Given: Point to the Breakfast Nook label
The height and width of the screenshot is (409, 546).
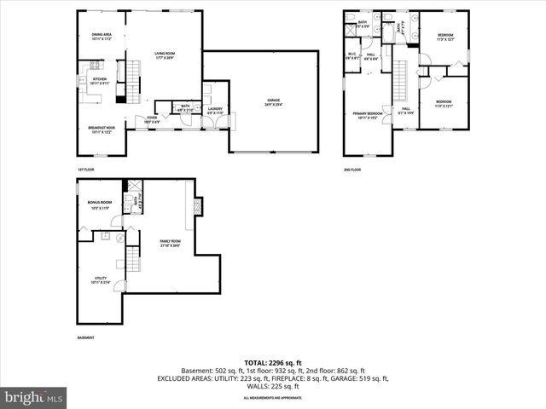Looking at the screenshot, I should pos(102,130).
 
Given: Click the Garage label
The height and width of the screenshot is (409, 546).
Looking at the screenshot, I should pos(273,101).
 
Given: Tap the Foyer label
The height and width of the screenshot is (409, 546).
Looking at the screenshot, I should pos(152,119).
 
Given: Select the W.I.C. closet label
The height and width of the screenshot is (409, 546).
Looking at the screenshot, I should pos(351,56).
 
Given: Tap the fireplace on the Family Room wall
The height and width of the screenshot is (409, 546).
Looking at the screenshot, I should pos(199,207).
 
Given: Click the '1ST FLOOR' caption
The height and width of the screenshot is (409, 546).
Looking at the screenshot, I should pos(86,169).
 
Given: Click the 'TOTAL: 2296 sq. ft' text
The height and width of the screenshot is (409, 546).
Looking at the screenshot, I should pos(273,362).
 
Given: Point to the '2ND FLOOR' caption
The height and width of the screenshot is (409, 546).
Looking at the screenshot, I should pos(353,170).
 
